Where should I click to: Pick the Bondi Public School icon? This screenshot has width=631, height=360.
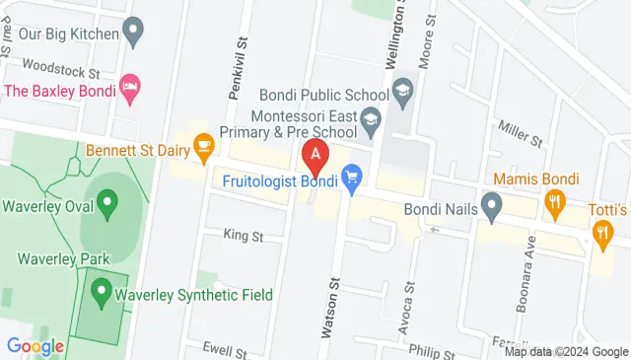click(x=402, y=95)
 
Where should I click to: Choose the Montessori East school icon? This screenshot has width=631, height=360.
click(x=371, y=123)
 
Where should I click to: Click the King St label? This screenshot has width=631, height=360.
click(x=243, y=236)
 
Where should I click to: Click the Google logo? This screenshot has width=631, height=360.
click(x=35, y=345)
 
